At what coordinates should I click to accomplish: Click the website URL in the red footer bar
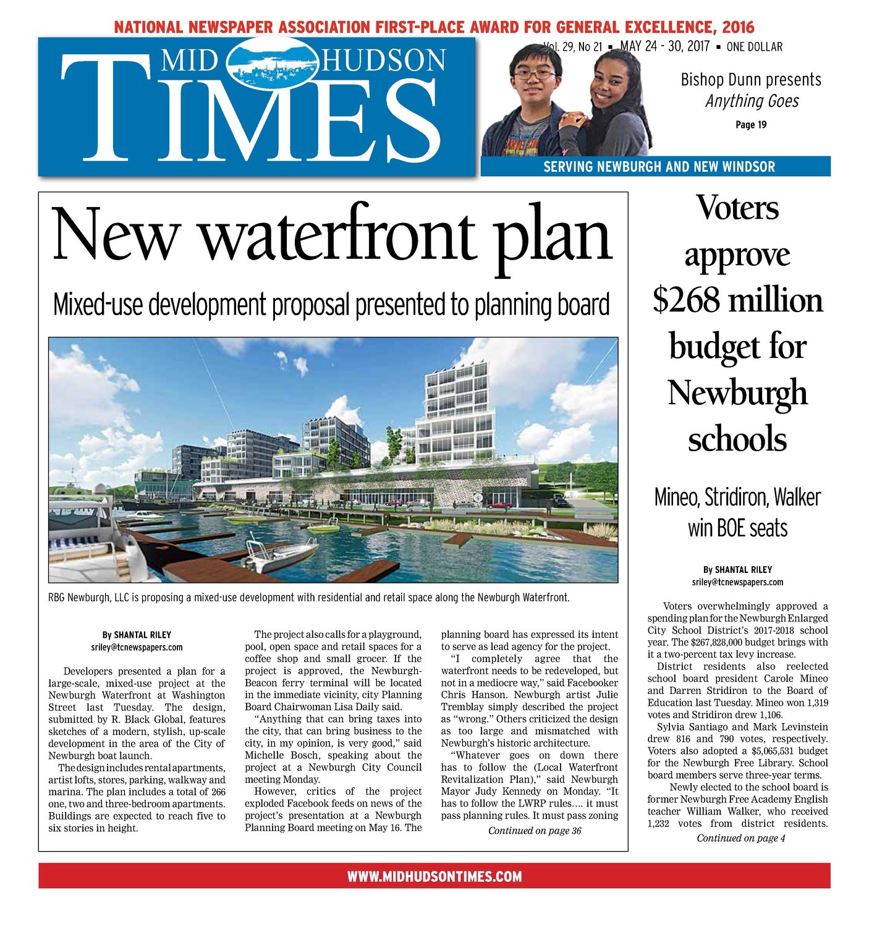[434, 876]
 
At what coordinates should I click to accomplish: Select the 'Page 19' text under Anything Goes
[751, 125]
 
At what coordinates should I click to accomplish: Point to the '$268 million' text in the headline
[737, 300]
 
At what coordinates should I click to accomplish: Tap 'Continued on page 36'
[535, 831]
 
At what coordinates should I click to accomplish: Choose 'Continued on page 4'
[740, 838]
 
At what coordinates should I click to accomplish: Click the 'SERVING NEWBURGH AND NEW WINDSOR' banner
[659, 167]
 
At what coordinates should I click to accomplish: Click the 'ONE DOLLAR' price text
[754, 47]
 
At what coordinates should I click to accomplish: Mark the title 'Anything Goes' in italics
[752, 101]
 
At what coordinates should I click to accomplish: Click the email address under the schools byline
[737, 582]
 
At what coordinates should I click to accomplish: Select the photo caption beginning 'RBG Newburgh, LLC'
[308, 598]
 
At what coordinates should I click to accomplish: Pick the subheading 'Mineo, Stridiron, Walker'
[737, 497]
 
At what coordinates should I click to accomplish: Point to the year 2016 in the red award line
[737, 27]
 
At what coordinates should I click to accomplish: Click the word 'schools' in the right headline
[737, 439]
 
